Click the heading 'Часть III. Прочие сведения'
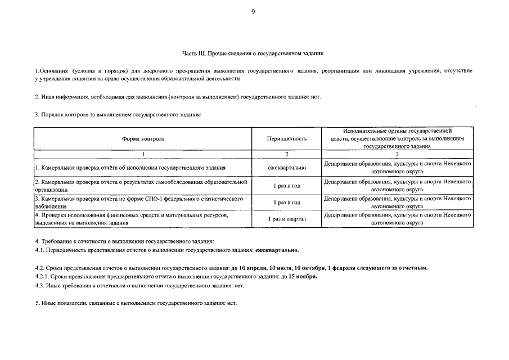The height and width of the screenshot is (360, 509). pyautogui.click(x=253, y=53)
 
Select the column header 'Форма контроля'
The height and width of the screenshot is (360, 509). pyautogui.click(x=143, y=138)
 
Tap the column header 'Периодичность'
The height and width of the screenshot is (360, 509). pyautogui.click(x=287, y=138)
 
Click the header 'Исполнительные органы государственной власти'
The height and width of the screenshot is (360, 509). pyautogui.click(x=397, y=138)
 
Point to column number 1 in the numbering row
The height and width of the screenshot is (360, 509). pyautogui.click(x=143, y=154)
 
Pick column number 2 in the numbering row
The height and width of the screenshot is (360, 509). pyautogui.click(x=287, y=154)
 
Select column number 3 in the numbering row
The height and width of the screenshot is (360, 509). pyautogui.click(x=397, y=154)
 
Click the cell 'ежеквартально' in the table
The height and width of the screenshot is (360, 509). pyautogui.click(x=287, y=168)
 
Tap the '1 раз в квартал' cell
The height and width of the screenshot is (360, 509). pyautogui.click(x=287, y=218)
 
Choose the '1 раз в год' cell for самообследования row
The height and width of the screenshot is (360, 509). pyautogui.click(x=287, y=185)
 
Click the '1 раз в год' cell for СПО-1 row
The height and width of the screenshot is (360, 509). pyautogui.click(x=287, y=202)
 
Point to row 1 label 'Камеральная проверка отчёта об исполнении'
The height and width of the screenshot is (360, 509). pyautogui.click(x=130, y=168)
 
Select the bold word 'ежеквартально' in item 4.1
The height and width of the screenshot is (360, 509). pyautogui.click(x=277, y=250)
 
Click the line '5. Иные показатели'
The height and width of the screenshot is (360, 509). pyautogui.click(x=136, y=303)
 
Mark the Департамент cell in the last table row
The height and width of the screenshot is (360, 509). pyautogui.click(x=397, y=219)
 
